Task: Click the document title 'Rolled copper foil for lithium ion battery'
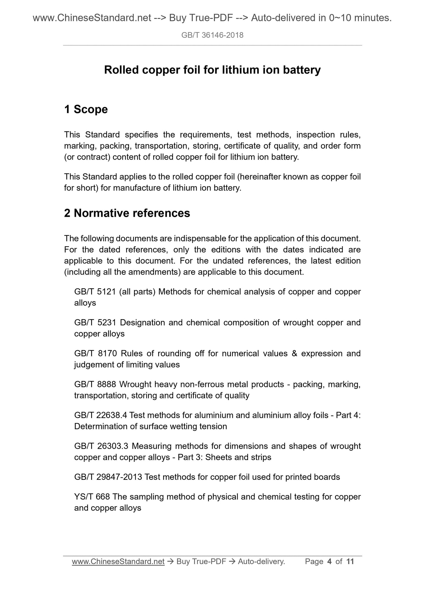tap(212, 70)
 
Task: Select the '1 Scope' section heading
tap(86, 109)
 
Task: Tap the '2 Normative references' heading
tap(127, 213)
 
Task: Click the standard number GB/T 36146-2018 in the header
tap(212, 35)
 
